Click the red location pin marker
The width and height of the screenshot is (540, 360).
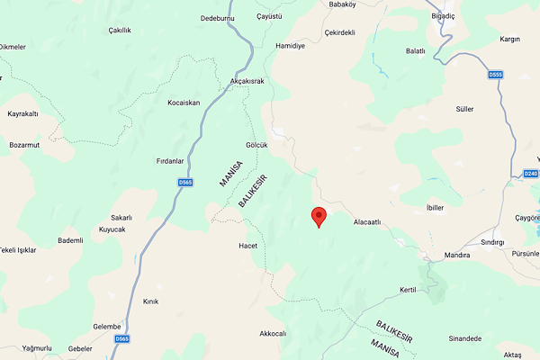(318, 216)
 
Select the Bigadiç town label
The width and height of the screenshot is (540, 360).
(454, 16)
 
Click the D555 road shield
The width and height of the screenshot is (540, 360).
(495, 75)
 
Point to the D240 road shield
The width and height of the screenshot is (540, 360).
(530, 174)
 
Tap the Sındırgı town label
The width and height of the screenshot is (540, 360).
(492, 242)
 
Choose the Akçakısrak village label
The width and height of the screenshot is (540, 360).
(247, 81)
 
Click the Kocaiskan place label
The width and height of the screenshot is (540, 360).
(184, 103)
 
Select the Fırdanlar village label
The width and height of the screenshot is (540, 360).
(170, 161)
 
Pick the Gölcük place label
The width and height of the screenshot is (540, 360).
(256, 145)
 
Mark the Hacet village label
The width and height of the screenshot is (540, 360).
(248, 246)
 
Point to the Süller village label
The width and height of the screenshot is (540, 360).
(464, 109)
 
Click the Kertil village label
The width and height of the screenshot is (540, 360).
(409, 290)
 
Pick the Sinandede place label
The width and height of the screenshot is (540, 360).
(464, 338)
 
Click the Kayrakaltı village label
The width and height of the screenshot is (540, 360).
(22, 114)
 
